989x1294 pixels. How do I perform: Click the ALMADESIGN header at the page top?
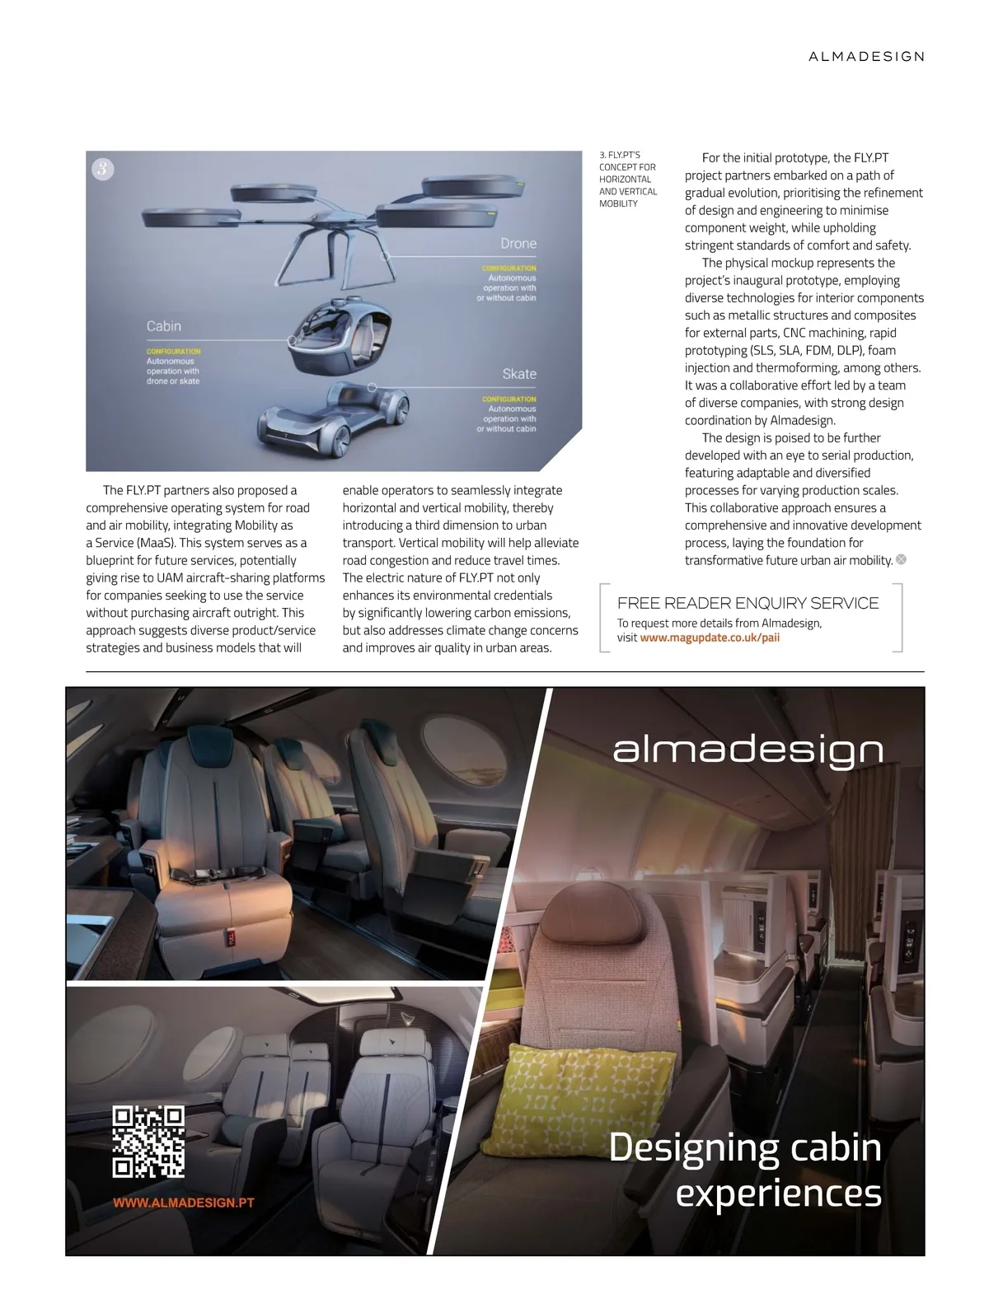[866, 57]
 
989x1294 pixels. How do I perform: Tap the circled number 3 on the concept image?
[102, 170]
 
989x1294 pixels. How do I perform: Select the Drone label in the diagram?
[518, 244]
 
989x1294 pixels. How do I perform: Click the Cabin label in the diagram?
[164, 326]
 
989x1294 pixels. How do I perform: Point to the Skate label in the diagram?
[519, 374]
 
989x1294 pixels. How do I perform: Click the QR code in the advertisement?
[148, 1142]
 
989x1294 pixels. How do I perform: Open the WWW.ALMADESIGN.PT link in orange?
[183, 1203]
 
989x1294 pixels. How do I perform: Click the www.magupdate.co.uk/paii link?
[710, 638]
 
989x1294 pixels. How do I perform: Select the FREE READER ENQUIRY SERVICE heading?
[748, 603]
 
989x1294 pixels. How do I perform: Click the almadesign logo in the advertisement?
[748, 750]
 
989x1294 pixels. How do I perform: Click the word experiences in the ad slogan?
[778, 1194]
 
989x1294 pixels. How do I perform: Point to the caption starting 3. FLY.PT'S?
[627, 179]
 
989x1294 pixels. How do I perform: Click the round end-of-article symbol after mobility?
[902, 560]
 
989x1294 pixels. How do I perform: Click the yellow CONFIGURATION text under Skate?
[509, 399]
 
